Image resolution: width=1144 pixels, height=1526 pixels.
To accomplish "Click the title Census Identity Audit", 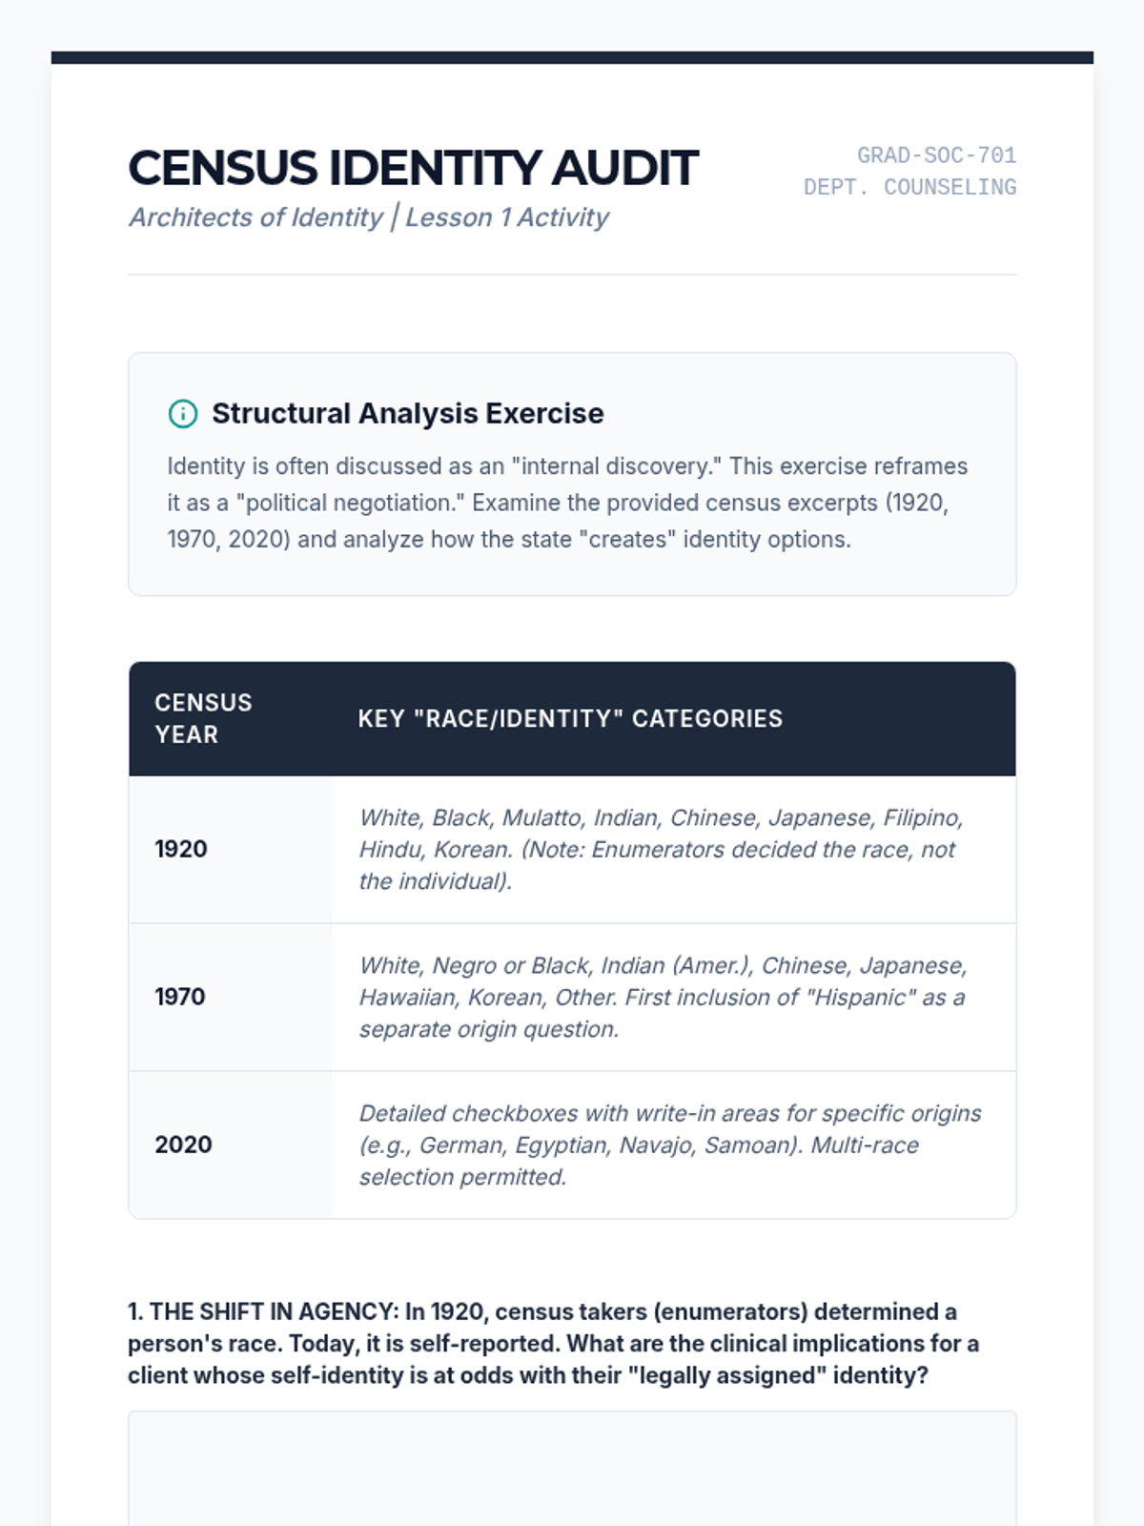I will click(413, 169).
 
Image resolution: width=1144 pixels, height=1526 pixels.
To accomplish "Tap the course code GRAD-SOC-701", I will click(936, 155).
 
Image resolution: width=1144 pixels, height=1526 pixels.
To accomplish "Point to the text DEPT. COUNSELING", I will click(909, 188).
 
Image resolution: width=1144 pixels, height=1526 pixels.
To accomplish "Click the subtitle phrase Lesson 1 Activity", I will click(507, 217).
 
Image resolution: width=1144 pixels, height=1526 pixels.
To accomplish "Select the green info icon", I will click(183, 414).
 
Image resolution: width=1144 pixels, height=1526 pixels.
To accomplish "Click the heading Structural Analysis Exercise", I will click(407, 414).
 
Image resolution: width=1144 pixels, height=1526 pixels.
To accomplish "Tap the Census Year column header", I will click(203, 718).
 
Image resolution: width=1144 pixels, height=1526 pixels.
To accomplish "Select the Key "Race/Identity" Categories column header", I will click(570, 719).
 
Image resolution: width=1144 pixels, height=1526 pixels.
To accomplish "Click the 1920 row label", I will click(181, 849).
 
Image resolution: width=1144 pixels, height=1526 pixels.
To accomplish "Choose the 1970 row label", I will click(180, 997).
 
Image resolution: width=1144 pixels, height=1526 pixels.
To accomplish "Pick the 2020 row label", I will click(183, 1144).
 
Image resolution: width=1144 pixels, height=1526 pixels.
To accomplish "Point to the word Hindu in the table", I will click(387, 850).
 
